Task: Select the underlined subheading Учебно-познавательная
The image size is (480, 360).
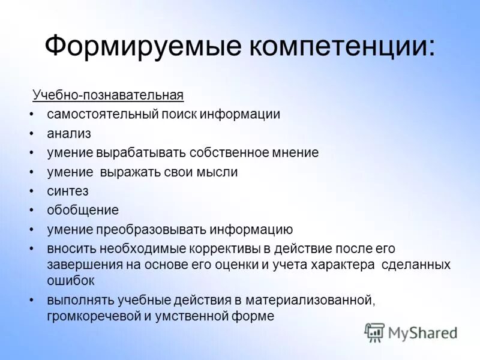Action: pos(108,95)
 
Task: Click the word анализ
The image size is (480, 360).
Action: pos(69,133)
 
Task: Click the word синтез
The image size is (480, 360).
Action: pos(68,191)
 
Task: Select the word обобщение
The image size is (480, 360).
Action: pos(83,210)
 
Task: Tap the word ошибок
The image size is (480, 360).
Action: pos(71,280)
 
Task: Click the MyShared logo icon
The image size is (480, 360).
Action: pos(374,332)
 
